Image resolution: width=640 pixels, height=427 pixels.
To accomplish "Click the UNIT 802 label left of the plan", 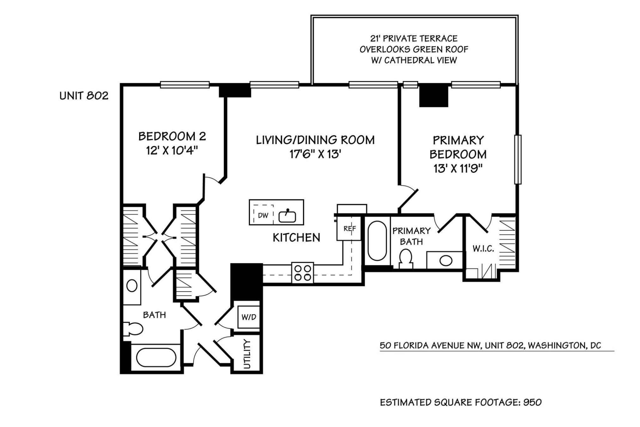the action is click(x=84, y=96).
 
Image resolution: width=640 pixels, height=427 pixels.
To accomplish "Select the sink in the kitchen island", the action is click(x=287, y=216).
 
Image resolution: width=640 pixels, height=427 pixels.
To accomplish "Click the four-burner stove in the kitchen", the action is click(x=302, y=273).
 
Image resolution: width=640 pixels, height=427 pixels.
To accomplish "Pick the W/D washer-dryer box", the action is click(x=249, y=317).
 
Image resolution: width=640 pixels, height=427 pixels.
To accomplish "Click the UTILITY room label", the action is click(x=247, y=354).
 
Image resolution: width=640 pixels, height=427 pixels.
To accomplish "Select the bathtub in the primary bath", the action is click(x=377, y=241).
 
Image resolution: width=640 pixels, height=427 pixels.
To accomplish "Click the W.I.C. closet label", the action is click(x=483, y=249).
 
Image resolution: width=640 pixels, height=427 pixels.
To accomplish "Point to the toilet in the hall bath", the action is click(x=133, y=329).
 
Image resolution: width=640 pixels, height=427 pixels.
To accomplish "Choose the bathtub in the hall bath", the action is click(x=156, y=357).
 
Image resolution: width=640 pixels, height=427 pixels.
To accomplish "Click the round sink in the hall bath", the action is click(x=132, y=286).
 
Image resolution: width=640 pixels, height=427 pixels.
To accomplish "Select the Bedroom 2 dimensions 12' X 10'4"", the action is click(x=172, y=151).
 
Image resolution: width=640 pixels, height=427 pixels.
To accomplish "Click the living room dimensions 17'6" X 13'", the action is click(x=315, y=154).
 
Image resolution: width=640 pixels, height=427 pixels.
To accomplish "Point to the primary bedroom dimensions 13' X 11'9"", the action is click(x=458, y=169).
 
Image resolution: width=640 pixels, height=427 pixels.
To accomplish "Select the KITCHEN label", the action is click(x=296, y=238).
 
